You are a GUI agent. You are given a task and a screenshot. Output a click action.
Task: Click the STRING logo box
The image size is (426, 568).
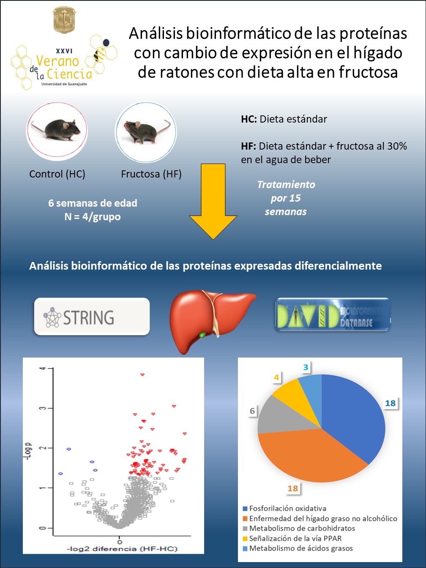click(92, 317)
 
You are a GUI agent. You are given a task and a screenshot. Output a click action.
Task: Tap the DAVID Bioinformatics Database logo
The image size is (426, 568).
click(332, 314)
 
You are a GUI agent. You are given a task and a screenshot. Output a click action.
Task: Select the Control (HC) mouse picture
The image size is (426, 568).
click(57, 131)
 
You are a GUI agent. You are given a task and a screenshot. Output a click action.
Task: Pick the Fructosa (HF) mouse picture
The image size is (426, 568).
click(146, 132)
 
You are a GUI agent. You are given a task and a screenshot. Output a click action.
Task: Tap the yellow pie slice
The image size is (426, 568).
click(292, 391)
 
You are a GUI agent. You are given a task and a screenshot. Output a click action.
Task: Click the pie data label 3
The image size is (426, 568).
click(306, 367)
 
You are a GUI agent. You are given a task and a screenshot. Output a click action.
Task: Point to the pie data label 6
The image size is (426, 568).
click(252, 411)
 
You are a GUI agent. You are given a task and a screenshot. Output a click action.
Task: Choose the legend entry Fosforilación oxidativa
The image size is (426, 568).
click(287, 508)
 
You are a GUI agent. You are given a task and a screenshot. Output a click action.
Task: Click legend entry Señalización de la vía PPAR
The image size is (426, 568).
click(295, 538)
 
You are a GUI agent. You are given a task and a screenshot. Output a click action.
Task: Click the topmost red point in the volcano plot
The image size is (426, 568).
click(142, 375)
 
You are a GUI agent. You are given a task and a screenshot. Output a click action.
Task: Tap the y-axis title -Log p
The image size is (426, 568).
click(28, 451)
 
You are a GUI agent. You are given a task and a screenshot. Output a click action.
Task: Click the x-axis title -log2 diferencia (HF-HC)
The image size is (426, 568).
click(122, 549)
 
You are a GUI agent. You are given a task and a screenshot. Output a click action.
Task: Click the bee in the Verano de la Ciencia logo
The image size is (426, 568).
click(101, 53)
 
